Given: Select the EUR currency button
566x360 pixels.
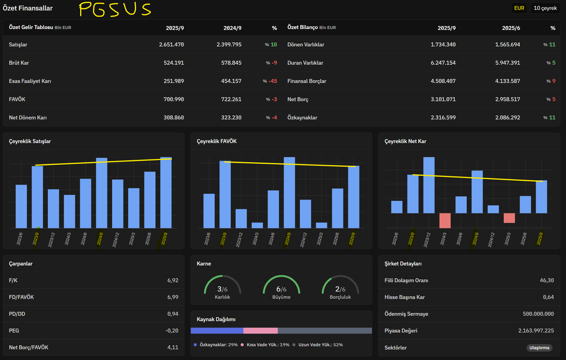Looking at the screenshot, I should (519, 8).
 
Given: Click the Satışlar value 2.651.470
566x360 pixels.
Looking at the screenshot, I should (171, 44).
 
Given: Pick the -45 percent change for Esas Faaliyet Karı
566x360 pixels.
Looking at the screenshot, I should (273, 81).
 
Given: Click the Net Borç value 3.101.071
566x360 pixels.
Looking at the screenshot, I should (443, 100).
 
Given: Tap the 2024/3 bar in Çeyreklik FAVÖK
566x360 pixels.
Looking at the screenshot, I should (257, 225).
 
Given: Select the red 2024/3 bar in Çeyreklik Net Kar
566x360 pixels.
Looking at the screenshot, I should (445, 220).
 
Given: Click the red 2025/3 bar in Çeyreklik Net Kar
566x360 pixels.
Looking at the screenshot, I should (509, 218).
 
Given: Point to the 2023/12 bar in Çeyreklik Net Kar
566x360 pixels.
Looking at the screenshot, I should (429, 185).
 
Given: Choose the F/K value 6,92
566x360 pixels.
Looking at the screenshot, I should (173, 280).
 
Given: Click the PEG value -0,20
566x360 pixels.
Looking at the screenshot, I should (172, 331).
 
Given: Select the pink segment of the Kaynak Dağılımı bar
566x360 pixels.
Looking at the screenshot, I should (260, 331).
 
